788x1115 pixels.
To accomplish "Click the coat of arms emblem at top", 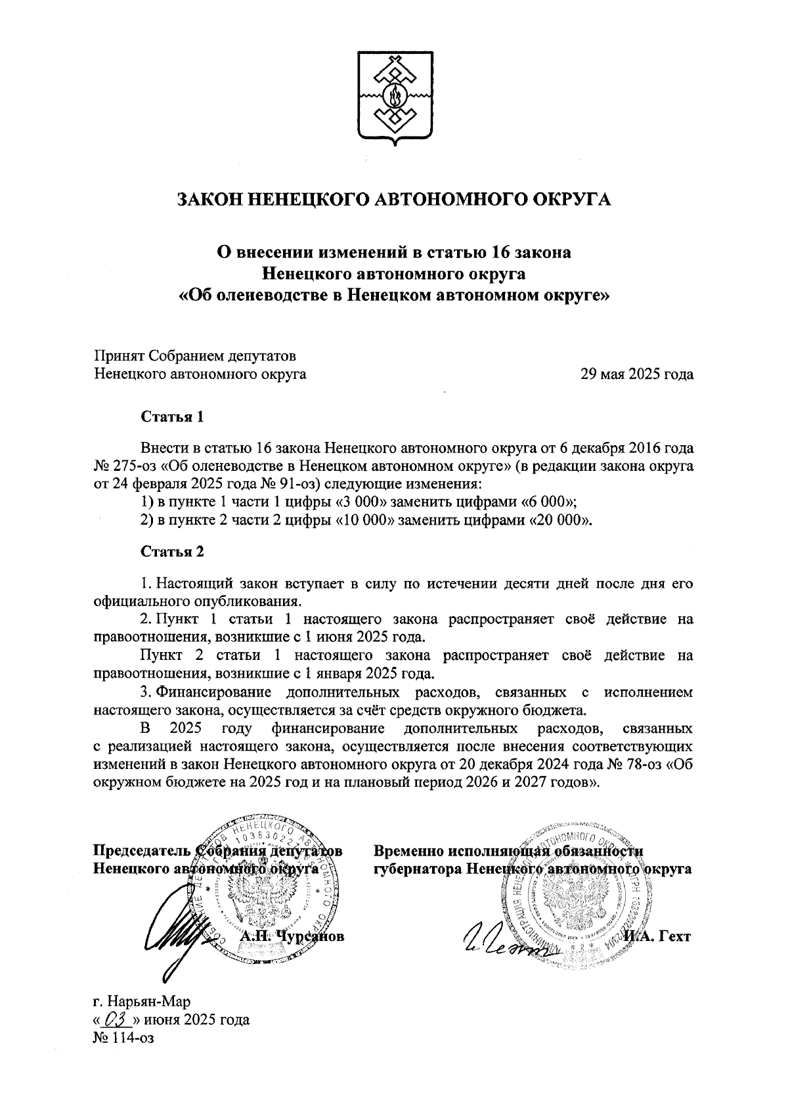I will pos(394,98).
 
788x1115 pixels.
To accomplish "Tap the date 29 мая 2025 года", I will pos(637,375).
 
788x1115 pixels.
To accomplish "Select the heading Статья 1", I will pos(173,416).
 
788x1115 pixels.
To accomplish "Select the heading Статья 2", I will pos(173,551).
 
